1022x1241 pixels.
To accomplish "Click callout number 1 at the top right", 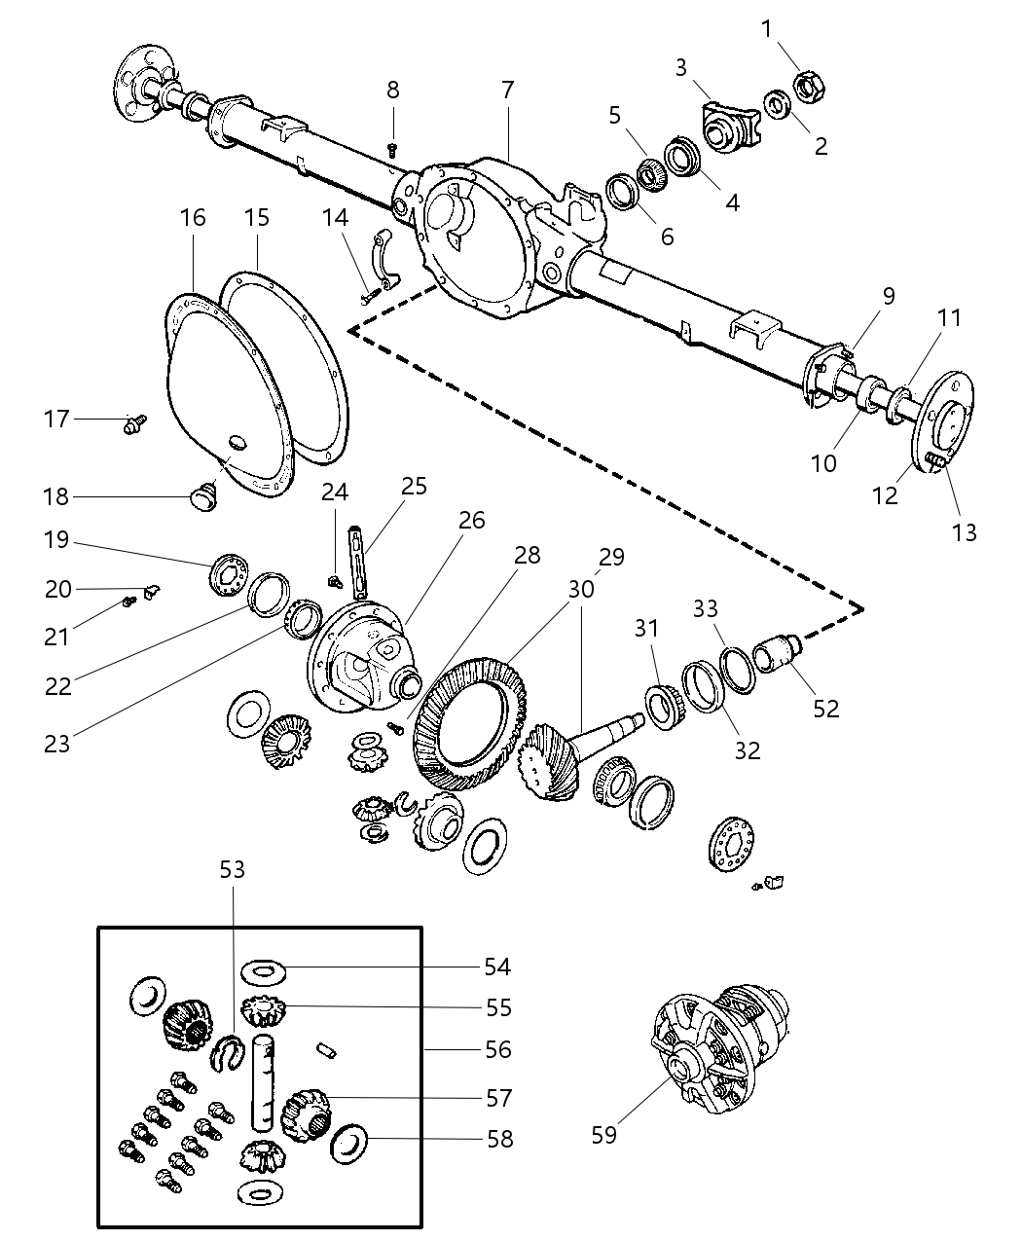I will point(766,28).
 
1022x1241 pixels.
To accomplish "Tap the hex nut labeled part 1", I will point(810,87).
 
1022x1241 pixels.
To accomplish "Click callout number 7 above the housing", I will point(507,90).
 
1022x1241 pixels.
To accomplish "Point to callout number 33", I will point(706,609).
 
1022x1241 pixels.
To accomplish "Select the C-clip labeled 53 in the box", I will point(226,1052).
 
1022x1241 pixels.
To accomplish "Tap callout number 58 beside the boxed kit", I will point(499,1138).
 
